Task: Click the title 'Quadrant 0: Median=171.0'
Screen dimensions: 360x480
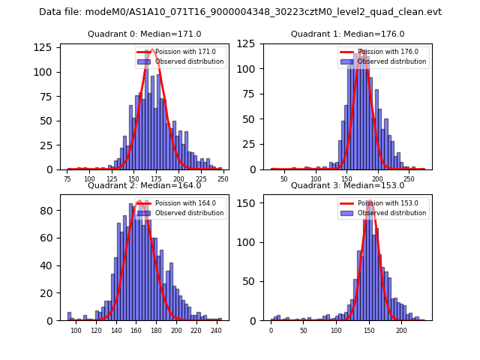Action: pos(144,34)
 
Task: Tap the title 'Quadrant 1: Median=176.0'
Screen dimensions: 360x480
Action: pos(347,34)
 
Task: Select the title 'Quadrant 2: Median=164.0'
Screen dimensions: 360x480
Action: pos(144,185)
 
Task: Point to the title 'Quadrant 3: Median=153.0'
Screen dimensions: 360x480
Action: pos(347,185)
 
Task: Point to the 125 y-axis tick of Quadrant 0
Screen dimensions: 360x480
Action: pos(46,47)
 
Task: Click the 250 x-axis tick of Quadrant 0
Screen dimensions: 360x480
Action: pos(223,180)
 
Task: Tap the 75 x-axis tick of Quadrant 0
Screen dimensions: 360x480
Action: pos(68,180)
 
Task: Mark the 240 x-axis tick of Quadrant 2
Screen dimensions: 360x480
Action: pos(216,331)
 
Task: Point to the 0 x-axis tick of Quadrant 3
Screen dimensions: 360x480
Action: pos(271,331)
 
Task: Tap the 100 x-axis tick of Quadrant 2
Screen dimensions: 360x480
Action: pos(76,331)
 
